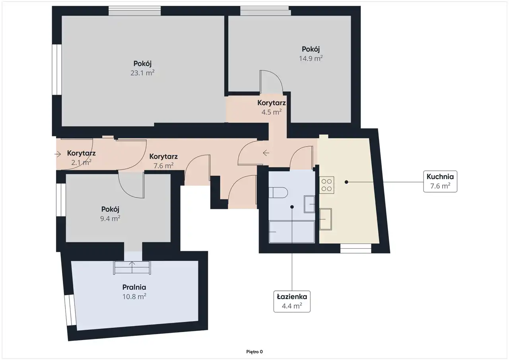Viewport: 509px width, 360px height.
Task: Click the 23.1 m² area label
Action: point(142,73)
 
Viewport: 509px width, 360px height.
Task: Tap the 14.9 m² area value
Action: point(311,58)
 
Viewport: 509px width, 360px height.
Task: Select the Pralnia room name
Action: point(134,287)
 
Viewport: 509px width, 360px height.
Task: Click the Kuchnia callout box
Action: point(440,181)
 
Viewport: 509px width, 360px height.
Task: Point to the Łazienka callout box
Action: point(292,302)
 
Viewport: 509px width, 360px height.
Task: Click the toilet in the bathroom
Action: point(278,193)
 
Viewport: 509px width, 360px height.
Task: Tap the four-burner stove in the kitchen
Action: point(326,185)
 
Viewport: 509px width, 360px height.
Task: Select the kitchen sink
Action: point(326,219)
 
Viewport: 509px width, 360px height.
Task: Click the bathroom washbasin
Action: point(309,204)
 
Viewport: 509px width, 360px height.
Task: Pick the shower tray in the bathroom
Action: point(292,232)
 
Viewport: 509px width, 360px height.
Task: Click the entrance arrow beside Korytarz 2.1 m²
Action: point(58,154)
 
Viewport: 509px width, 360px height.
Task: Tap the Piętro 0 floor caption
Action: point(254,352)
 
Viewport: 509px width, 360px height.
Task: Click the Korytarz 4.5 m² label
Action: point(272,107)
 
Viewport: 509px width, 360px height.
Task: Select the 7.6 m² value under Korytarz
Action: point(163,166)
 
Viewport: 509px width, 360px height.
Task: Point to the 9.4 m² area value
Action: point(110,218)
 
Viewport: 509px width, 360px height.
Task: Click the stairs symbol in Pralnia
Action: point(132,268)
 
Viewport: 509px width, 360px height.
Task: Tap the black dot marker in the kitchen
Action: point(346,182)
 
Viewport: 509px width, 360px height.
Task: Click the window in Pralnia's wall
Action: point(70,310)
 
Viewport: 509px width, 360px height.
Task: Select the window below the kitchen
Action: point(356,248)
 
